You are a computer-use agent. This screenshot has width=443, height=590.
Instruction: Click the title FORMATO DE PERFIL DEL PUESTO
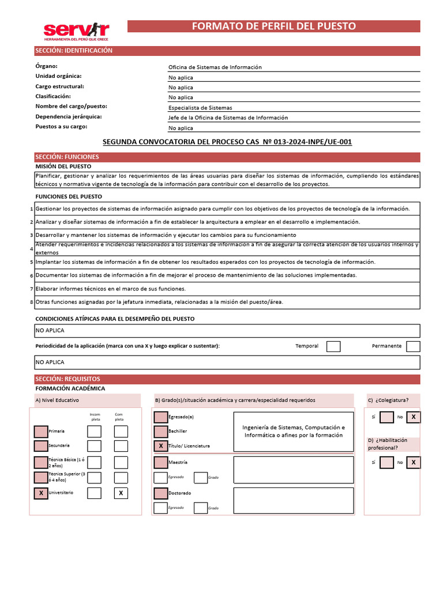[x=273, y=26]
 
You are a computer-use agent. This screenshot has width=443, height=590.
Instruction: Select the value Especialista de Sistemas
[x=200, y=108]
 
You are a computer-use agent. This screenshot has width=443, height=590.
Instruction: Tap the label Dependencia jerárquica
[x=69, y=116]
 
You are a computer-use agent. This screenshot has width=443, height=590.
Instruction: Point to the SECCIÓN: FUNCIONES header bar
[x=227, y=157]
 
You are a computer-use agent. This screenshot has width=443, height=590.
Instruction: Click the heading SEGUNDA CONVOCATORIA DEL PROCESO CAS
[x=227, y=142]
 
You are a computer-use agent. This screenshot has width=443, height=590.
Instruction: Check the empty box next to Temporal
[x=333, y=346]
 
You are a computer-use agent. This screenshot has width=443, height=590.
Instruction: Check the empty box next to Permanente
[x=413, y=346]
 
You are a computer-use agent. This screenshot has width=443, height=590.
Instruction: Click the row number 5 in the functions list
[x=31, y=262]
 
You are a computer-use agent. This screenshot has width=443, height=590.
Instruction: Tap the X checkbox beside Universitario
[x=41, y=493]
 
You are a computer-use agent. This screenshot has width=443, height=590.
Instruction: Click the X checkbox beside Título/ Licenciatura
[x=160, y=446]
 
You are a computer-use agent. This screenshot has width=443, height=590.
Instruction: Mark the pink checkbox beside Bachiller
[x=160, y=431]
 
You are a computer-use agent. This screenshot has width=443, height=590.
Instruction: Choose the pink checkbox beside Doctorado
[x=160, y=493]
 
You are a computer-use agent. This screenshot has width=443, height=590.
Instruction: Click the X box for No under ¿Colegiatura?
[x=413, y=417]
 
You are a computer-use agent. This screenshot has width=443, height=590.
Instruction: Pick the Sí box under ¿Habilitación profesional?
[x=387, y=462]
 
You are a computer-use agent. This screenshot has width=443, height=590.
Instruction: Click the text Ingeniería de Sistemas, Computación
[x=294, y=428]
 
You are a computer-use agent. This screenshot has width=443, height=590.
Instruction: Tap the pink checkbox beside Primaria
[x=41, y=431]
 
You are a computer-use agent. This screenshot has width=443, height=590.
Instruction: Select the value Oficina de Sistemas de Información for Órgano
[x=215, y=67]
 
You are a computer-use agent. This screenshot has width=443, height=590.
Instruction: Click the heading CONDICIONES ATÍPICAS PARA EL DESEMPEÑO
[x=115, y=319]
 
